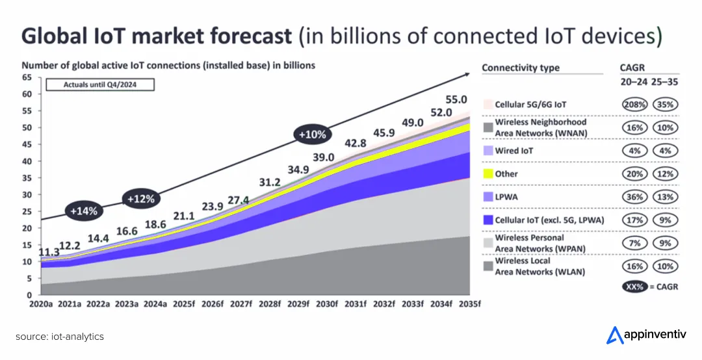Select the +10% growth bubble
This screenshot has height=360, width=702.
312,135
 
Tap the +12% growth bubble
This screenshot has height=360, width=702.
141,199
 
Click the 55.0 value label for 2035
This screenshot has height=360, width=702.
456,99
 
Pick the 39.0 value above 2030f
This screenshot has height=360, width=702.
323,157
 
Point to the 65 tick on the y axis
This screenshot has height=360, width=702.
27,77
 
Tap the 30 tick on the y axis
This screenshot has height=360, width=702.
27,194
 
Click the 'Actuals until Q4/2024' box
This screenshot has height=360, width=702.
99,84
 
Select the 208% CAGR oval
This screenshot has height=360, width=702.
634,104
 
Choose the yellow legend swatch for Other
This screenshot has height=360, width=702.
487,174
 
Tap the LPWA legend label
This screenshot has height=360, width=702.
506,196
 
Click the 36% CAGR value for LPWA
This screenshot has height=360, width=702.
634,197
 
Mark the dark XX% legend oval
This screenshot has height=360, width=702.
635,287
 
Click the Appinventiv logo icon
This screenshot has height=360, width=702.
614,335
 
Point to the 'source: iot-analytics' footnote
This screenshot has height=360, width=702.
60,336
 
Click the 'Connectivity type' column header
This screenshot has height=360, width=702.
520,68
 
